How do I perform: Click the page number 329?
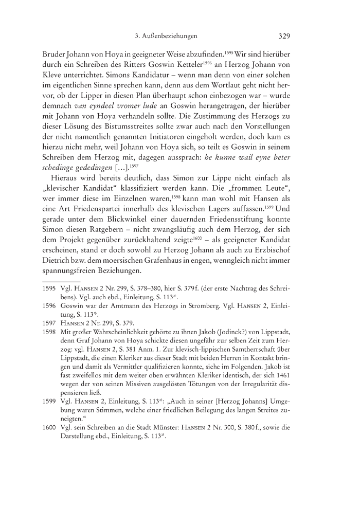pos(284,37)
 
